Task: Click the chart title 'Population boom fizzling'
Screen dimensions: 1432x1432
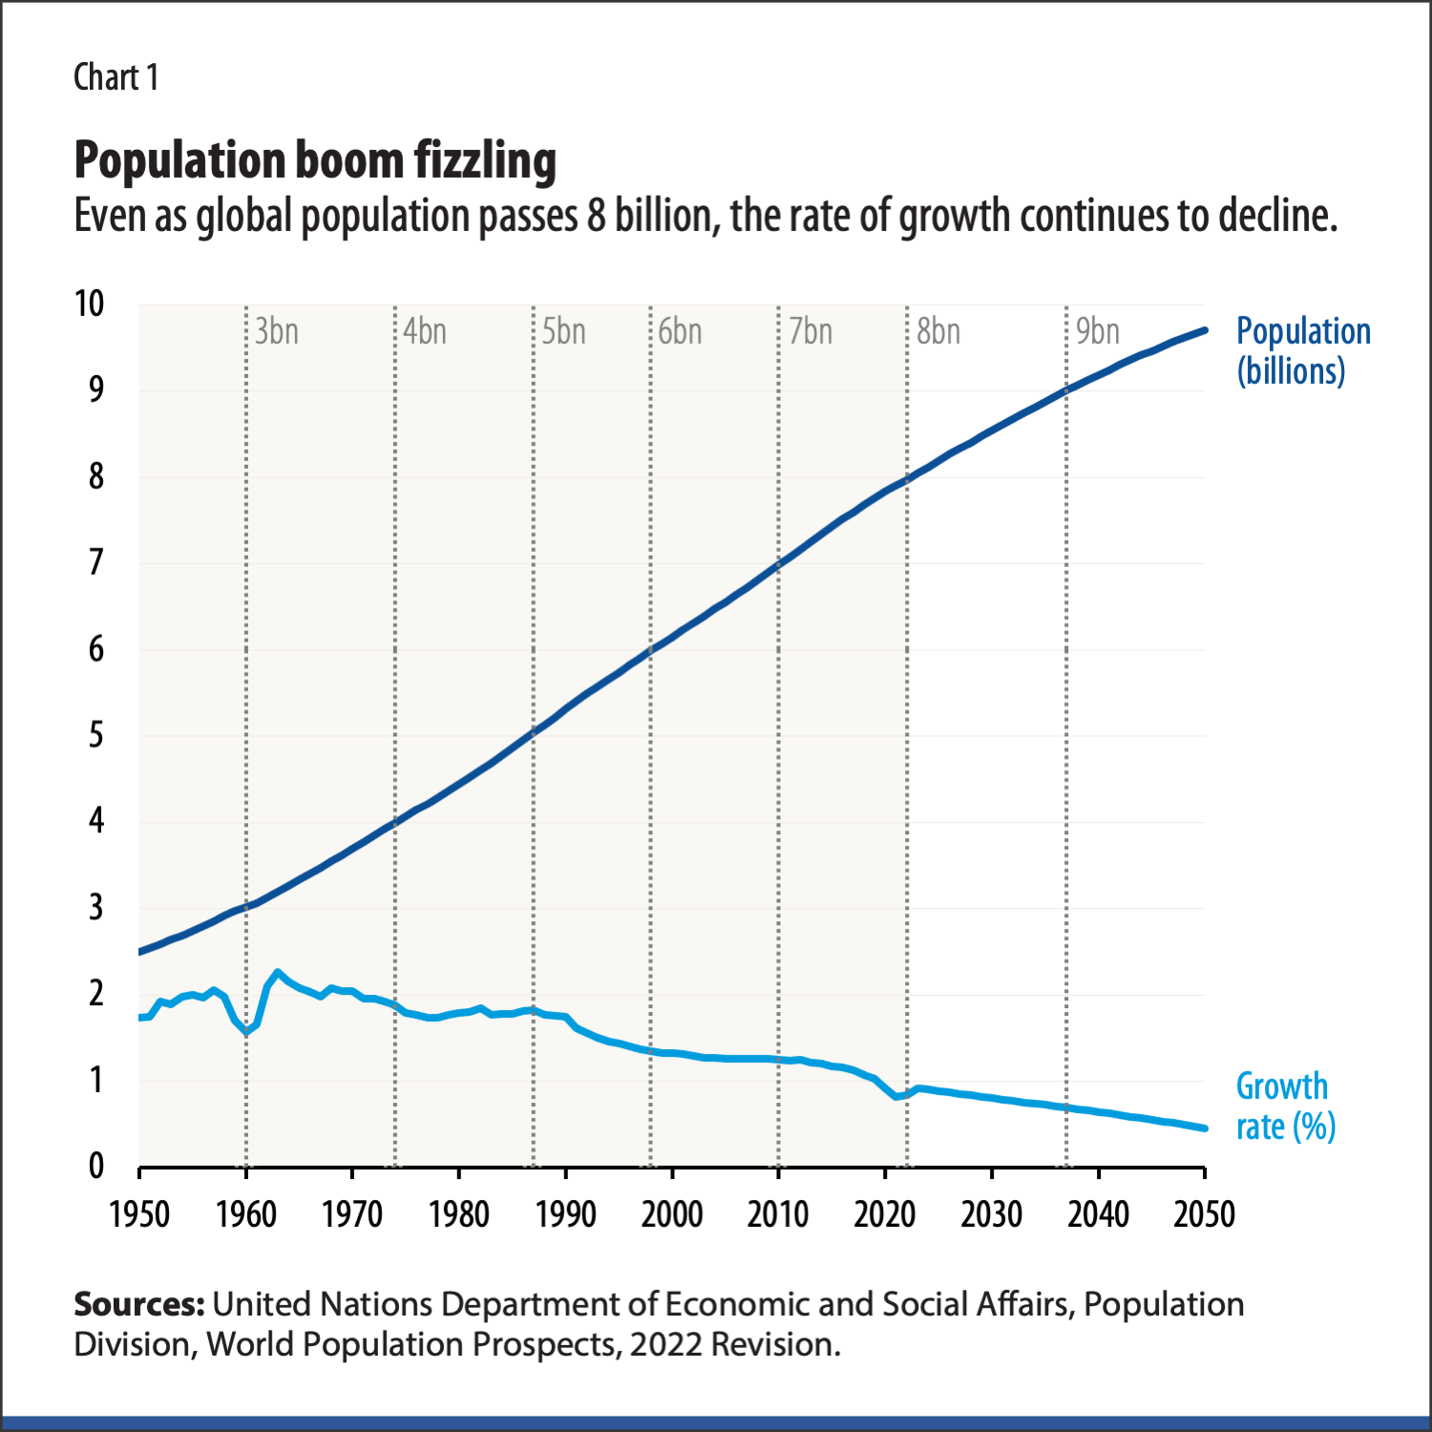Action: [x=315, y=160]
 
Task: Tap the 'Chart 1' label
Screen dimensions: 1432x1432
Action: [x=116, y=77]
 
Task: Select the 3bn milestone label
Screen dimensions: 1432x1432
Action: [x=277, y=331]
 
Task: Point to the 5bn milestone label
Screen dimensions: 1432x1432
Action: [x=563, y=331]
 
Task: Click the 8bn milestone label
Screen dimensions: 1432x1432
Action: [x=938, y=331]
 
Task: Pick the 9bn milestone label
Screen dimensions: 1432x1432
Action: [x=1097, y=331]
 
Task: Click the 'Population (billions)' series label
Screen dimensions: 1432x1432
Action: [x=1303, y=350]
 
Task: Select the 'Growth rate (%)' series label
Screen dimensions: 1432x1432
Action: [x=1285, y=1106]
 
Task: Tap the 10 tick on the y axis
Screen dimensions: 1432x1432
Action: [x=90, y=304]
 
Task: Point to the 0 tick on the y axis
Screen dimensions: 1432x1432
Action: [x=96, y=1166]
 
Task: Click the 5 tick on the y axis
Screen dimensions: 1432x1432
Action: [x=96, y=735]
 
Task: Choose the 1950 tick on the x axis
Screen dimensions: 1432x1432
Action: [x=139, y=1214]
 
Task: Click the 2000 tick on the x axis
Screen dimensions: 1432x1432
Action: [x=672, y=1214]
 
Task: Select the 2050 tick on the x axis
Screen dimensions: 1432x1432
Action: [x=1204, y=1214]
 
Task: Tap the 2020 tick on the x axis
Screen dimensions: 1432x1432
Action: [x=885, y=1214]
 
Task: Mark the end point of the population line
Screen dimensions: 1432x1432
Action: [x=1204, y=330]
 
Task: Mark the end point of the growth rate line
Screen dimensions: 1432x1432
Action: [x=1204, y=1128]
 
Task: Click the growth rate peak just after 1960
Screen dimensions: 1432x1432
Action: [x=278, y=973]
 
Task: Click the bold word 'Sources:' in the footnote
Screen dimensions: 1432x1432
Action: [x=139, y=1304]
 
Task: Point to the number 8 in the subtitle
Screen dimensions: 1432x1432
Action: [x=596, y=217]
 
